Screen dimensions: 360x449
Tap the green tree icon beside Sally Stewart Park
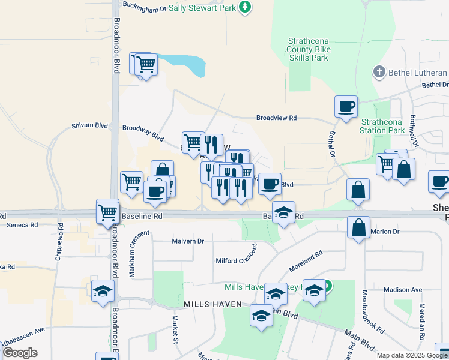pos(244,7)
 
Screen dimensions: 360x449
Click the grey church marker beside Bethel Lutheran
pos(379,73)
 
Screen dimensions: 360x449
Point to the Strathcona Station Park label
pos(383,126)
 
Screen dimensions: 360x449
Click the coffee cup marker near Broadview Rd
pos(346,107)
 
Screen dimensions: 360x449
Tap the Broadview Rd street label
pos(277,119)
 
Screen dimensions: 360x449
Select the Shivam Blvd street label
pos(89,125)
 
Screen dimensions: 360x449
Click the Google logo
pos(20,353)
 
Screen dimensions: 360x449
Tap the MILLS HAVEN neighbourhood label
pos(212,304)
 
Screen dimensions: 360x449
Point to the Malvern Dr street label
pos(188,241)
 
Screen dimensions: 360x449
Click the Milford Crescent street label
pos(237,257)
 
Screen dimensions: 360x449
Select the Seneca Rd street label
pos(22,225)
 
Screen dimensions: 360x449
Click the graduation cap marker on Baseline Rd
pos(284,212)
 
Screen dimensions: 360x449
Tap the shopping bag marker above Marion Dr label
pos(358,228)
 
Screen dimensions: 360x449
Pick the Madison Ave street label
pos(403,289)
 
